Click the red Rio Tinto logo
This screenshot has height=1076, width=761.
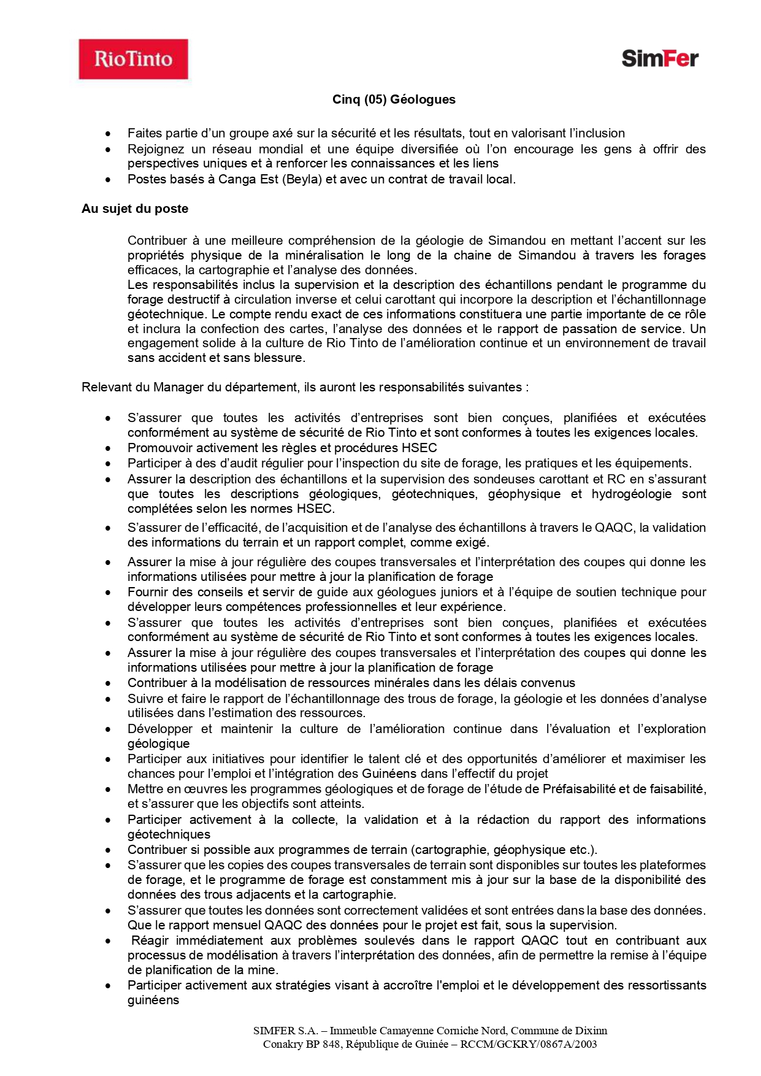[133, 59]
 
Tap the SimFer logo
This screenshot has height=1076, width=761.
[660, 58]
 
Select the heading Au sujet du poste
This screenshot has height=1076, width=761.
[135, 209]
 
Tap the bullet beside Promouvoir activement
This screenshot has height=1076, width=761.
[108, 448]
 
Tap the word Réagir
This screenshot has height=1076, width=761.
[150, 940]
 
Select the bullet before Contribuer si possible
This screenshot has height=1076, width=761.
[108, 850]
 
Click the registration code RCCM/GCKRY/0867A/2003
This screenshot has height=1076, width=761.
[529, 1044]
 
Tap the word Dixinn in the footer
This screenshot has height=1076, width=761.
[592, 1031]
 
